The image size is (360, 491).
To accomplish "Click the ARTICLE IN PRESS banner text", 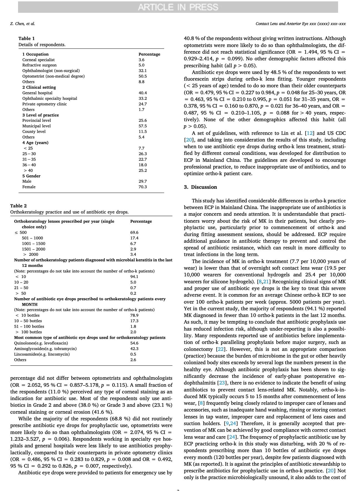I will (178, 7).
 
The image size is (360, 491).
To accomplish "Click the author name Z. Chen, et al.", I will (22, 24).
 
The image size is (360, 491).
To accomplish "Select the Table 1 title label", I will (27, 38).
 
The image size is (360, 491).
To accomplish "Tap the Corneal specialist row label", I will (38, 60).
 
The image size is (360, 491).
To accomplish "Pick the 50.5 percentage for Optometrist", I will (143, 76).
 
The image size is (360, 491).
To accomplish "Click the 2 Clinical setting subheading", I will (39, 87).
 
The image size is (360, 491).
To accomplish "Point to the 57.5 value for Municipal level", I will (143, 126).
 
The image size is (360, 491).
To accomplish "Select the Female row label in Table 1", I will (29, 187).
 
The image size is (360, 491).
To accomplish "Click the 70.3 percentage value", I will (143, 187).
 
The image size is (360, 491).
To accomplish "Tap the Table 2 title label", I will (19, 206).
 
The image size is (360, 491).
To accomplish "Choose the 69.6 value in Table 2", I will (134, 232).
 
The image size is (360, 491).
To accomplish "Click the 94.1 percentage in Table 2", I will (134, 277).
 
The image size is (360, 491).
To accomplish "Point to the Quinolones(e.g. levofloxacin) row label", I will (41, 343).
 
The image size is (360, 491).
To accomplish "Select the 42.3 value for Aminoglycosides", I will (134, 349).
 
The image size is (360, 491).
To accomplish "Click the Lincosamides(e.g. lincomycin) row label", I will (42, 354).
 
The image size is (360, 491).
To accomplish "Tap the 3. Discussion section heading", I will (200, 187).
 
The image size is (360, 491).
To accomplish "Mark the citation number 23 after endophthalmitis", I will (222, 383).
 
